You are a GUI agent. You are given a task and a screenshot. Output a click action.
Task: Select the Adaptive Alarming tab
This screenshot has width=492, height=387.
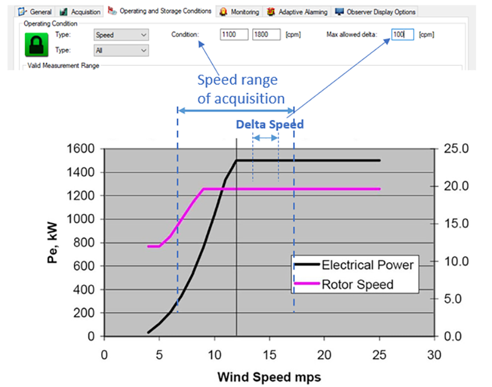tap(298, 11)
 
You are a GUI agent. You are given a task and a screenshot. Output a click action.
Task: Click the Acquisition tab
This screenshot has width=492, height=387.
tap(81, 11)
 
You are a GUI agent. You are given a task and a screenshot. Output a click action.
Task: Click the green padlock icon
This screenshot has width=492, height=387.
tap(36, 44)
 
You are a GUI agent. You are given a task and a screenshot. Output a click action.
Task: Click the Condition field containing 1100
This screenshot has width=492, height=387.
tap(234, 35)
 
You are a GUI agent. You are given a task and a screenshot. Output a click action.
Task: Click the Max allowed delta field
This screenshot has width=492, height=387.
tap(402, 35)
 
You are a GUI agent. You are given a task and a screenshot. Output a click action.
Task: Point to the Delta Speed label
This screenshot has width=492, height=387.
tap(269, 124)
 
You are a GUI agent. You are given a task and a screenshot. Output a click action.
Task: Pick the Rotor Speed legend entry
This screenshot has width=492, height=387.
tap(355, 284)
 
